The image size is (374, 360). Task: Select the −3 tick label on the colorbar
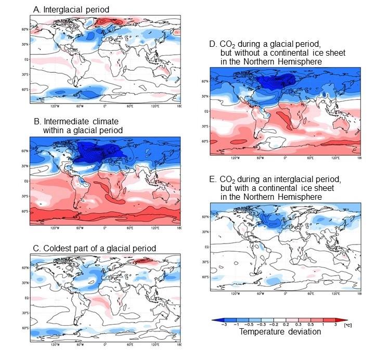pos(223,324)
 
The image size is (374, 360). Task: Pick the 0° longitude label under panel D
pos(285,157)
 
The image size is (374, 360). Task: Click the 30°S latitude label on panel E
pos(205,262)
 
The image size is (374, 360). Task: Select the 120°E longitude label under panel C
pos(154,344)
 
